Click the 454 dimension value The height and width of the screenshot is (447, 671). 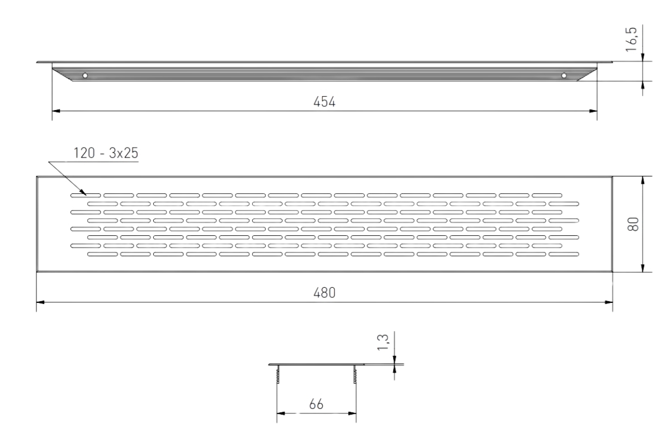coord(324,102)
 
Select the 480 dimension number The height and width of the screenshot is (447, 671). coord(324,293)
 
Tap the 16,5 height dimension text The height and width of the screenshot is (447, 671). coord(631,40)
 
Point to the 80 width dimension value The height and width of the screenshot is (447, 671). coord(633,224)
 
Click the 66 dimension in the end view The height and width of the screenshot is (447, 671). coord(316,404)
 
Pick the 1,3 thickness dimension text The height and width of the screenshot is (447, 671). coord(382,342)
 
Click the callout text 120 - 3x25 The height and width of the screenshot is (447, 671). coord(106,153)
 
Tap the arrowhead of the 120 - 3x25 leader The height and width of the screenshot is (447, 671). coord(83,193)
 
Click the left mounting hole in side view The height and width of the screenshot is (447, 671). coord(85,76)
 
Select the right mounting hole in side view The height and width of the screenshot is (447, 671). coord(564,76)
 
